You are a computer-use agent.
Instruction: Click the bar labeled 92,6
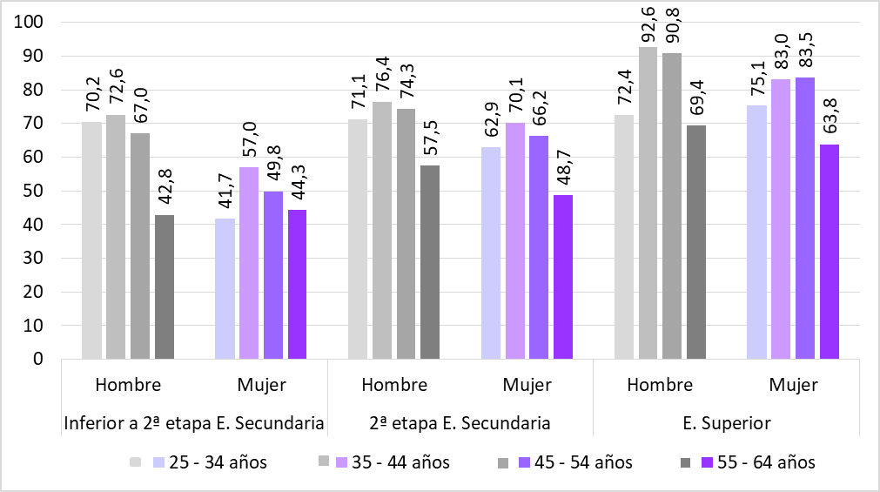[648, 203]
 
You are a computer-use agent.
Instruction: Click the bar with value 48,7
[563, 277]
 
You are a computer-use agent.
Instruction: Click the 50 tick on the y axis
[33, 191]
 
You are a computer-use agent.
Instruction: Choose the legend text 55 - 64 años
[766, 462]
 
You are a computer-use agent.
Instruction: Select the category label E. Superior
[727, 424]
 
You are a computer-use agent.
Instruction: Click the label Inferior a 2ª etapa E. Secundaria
[195, 424]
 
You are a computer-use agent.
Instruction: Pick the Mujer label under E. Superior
[793, 385]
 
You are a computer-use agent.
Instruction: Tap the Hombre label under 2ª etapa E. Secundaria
[394, 385]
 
